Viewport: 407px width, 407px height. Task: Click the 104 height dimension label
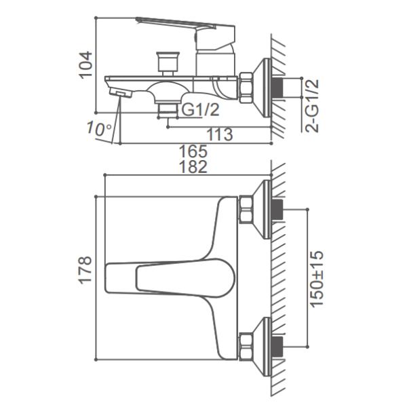click(x=86, y=65)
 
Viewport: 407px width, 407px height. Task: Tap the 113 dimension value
click(x=220, y=134)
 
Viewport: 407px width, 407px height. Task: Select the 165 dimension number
click(x=193, y=151)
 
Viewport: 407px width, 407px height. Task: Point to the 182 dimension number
click(x=193, y=167)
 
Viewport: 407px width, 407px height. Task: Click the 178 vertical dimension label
click(x=85, y=270)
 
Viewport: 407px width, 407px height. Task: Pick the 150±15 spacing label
click(x=317, y=279)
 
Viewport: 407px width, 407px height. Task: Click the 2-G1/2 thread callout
click(x=312, y=106)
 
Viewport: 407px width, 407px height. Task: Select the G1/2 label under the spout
click(x=200, y=110)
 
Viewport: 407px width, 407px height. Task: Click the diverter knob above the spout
click(x=168, y=64)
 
